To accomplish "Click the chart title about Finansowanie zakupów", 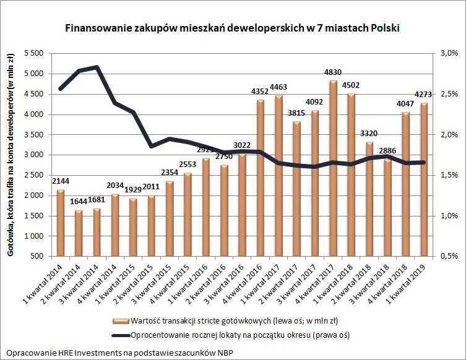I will pos(233,28).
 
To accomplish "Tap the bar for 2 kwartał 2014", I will pos(79,233).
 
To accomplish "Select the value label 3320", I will pos(369,134).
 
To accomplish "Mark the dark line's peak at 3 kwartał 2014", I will pos(97,67).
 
